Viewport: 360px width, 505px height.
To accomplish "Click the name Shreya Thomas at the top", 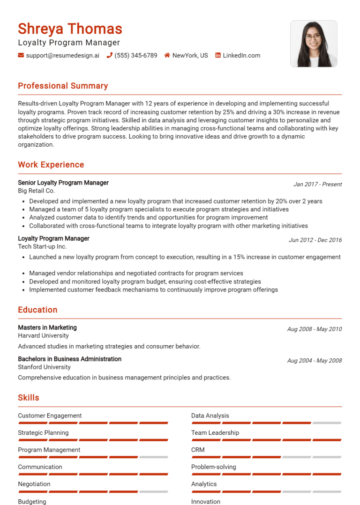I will click(x=70, y=29).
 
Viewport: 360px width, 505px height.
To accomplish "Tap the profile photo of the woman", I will click(x=314, y=44).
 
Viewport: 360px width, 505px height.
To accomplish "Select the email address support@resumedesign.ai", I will click(x=62, y=55).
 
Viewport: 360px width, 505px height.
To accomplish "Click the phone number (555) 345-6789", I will click(x=136, y=55).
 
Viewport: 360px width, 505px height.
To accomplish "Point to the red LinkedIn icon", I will click(x=218, y=55).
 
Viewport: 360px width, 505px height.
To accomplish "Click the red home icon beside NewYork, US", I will click(x=167, y=55).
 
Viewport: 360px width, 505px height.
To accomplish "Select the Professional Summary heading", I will click(x=63, y=86).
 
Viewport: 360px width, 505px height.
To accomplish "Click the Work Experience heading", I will click(x=51, y=164).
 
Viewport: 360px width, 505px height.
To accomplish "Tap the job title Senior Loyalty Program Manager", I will click(x=63, y=183).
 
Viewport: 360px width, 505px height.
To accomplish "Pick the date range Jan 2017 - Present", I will click(x=317, y=184).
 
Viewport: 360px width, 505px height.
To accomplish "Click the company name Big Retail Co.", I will click(x=36, y=191).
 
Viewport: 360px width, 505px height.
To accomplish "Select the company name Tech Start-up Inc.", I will click(x=42, y=246).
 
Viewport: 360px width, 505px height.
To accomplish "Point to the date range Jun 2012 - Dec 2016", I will click(x=315, y=240).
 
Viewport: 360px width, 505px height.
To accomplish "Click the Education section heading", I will click(x=37, y=310).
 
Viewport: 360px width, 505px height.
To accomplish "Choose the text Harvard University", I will click(x=43, y=335).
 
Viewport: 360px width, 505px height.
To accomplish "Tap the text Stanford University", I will click(x=44, y=367).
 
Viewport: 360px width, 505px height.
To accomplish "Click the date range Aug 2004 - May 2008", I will click(x=314, y=361).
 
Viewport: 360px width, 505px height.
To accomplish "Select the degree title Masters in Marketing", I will click(x=47, y=327).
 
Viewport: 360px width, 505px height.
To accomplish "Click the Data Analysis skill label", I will click(x=210, y=416).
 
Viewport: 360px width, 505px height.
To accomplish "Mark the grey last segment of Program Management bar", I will click(x=154, y=457).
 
